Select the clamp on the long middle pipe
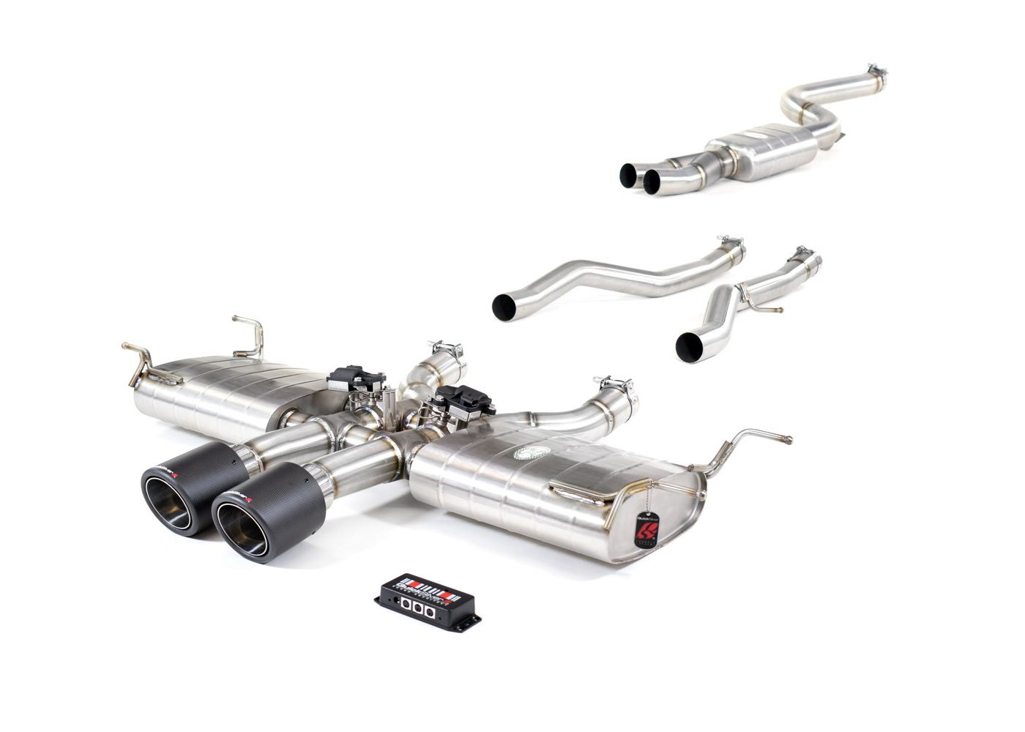[x=730, y=244]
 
